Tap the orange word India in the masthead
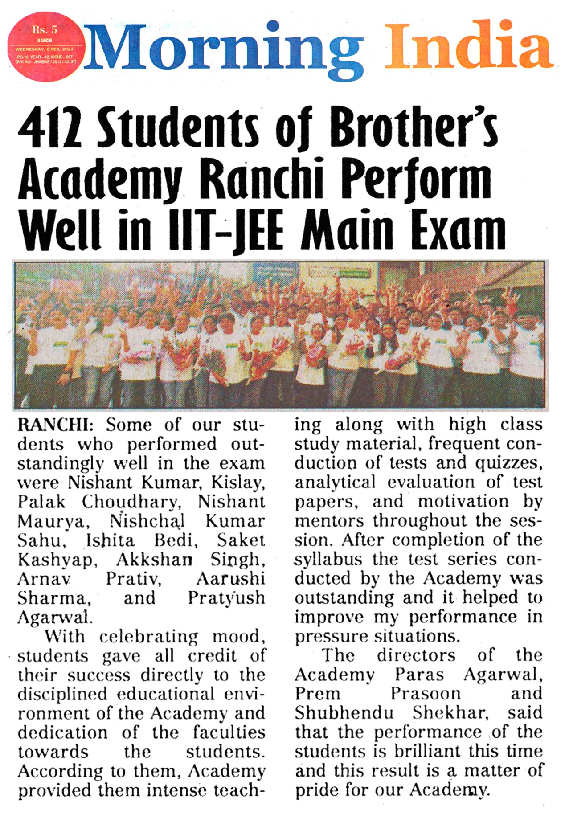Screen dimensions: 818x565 tap(468, 47)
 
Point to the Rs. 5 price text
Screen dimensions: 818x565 tap(45, 30)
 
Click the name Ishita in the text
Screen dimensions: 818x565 tap(110, 540)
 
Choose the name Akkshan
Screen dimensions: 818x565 tap(154, 560)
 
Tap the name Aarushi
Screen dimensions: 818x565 tap(230, 579)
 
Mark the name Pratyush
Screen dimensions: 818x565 tap(226, 598)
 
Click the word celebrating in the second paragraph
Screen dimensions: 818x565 tap(148, 637)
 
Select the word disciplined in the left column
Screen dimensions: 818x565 tap(63, 695)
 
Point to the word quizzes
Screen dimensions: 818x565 tap(508, 463)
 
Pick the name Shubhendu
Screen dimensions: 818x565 tap(344, 713)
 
